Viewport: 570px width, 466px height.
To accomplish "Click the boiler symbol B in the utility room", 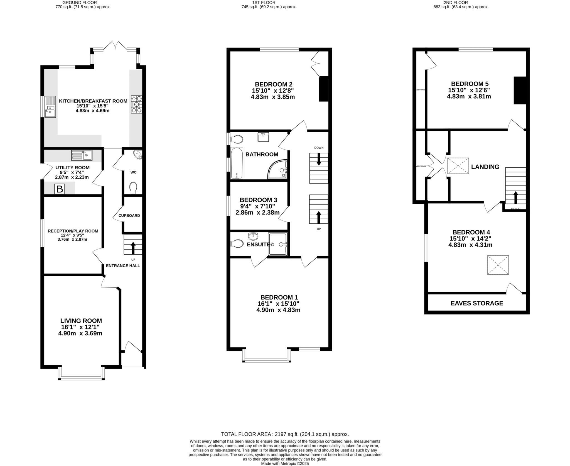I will (60, 189).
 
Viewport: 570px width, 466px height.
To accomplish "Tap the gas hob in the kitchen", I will (136, 104).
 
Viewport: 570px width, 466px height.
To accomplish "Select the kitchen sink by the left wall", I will (50, 107).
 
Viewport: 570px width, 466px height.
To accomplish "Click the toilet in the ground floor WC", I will (134, 188).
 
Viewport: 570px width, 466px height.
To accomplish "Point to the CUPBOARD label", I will (129, 216).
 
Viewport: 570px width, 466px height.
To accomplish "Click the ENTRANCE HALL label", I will (123, 266).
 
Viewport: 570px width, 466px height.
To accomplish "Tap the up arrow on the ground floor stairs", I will (133, 248).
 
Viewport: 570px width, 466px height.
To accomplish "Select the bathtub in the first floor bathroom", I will (237, 163).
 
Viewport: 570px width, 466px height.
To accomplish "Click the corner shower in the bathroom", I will (278, 170).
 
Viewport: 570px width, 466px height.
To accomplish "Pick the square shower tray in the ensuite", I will (277, 244).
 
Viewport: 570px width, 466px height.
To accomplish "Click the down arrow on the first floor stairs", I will (319, 159).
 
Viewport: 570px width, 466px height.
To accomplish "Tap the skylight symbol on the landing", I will (458, 166).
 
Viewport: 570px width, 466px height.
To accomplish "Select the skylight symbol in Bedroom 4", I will (498, 265).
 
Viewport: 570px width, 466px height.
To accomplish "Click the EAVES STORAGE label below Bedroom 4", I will (477, 303).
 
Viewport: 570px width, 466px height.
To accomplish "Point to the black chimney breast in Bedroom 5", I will (519, 90).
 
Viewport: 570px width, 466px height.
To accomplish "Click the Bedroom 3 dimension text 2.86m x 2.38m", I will (257, 213).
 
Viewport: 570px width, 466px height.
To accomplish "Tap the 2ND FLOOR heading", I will (461, 3).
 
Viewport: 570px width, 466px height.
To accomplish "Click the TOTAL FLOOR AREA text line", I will (285, 434).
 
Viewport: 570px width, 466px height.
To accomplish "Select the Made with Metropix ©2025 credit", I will (285, 464).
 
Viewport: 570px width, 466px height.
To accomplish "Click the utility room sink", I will (82, 155).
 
